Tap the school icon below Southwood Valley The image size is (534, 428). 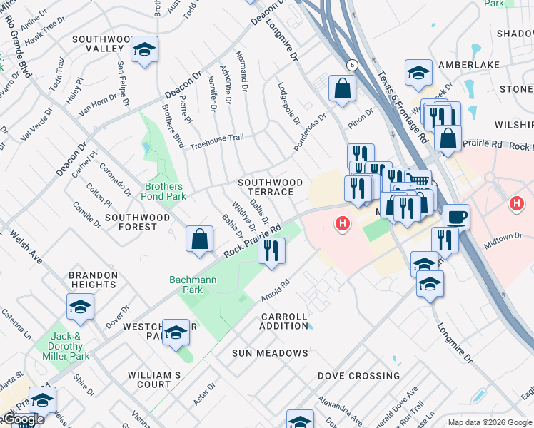tap(144, 51)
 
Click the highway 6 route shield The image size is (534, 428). tap(352, 65)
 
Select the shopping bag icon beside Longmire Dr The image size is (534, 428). tap(343, 88)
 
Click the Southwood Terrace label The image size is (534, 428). tap(270, 187)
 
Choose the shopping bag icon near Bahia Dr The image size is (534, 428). tap(200, 238)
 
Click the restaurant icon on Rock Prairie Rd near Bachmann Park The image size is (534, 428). tap(271, 250)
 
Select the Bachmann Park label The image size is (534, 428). tap(192, 285)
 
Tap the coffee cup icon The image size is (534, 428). tap(456, 216)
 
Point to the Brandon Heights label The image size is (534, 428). tap(93, 280)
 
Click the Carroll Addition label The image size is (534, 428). tap(284, 321)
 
